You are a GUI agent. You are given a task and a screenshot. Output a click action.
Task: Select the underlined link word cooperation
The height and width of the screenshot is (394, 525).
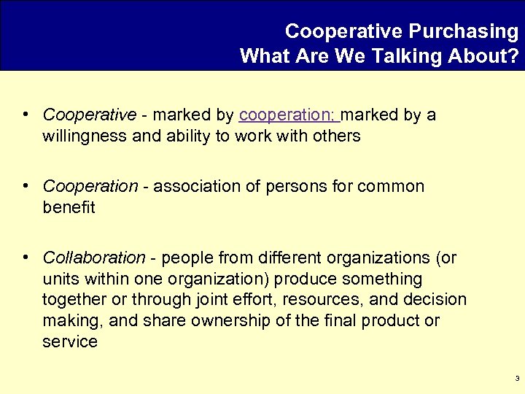pyautogui.click(x=286, y=115)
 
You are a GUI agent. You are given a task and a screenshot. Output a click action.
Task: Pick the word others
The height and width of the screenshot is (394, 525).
pyautogui.click(x=335, y=136)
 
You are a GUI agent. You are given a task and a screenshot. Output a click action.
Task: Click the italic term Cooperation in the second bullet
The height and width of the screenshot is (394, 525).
pyautogui.click(x=90, y=187)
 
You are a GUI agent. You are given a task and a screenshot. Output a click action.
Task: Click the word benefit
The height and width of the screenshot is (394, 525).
pyautogui.click(x=69, y=207)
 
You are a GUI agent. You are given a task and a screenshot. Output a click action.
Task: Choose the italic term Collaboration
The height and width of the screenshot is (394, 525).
pyautogui.click(x=94, y=258)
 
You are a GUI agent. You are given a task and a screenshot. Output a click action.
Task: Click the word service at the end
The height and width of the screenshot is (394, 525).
pyautogui.click(x=70, y=341)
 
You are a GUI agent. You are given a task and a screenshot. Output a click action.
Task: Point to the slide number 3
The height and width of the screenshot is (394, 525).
pyautogui.click(x=516, y=379)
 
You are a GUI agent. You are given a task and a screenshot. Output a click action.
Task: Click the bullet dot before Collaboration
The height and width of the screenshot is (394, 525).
pyautogui.click(x=26, y=257)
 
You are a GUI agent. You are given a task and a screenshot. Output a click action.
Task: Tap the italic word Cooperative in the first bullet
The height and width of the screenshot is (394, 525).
pyautogui.click(x=89, y=115)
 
